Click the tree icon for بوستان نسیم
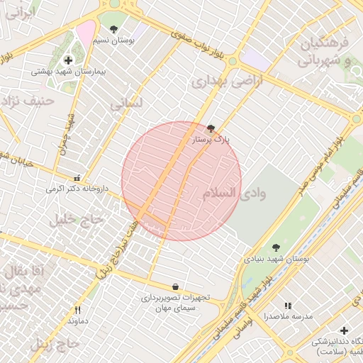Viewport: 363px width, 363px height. click(114, 29)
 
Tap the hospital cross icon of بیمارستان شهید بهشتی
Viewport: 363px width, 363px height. click(68, 60)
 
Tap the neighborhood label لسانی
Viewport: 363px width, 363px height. click(126, 104)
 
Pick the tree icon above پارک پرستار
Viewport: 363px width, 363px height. click(211, 128)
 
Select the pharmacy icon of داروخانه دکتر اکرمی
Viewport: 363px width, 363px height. click(77, 177)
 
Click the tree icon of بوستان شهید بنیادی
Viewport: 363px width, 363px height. click(276, 247)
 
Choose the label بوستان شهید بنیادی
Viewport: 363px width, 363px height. click(277, 259)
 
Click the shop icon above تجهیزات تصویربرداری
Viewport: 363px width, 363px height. click(175, 286)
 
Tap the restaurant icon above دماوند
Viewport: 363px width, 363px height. click(78, 310)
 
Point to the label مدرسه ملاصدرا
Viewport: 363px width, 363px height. click(288, 316)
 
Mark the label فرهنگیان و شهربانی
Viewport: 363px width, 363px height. click(325, 52)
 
